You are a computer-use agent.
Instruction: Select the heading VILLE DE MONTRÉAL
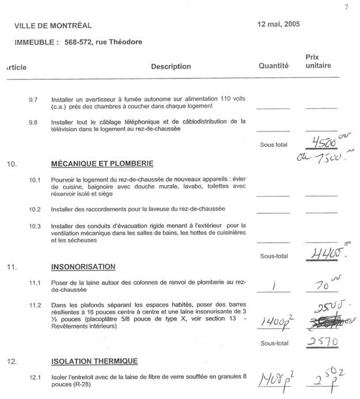tap(53, 26)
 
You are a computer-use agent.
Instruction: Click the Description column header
tap(171, 66)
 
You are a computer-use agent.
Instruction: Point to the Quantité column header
tap(273, 66)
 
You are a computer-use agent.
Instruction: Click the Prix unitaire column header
tap(318, 61)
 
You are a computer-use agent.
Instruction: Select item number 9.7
tap(33, 100)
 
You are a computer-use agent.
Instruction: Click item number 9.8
tap(33, 122)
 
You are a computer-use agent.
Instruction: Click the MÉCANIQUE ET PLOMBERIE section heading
tap(98, 164)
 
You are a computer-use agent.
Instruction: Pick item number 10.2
tap(34, 208)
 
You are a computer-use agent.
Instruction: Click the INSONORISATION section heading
tap(83, 266)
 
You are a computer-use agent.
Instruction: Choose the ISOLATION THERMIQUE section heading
tap(94, 362)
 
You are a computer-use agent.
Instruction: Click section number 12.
tap(10, 362)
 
